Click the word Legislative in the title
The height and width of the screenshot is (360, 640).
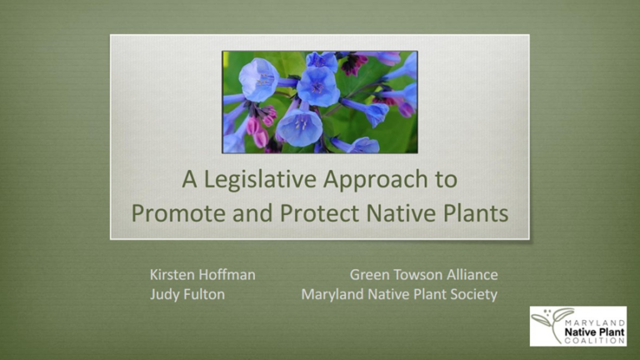(x=256, y=180)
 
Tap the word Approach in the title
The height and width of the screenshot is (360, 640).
(x=371, y=180)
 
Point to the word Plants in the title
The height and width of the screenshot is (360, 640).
(x=473, y=212)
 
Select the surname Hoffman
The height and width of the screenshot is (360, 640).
(x=227, y=274)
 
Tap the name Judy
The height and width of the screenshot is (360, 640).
(x=166, y=294)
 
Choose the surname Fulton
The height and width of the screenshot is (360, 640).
(x=207, y=294)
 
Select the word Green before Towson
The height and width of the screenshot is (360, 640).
(x=369, y=274)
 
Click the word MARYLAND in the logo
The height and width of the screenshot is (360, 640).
(x=591, y=317)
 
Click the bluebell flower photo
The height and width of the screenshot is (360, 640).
(x=320, y=102)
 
